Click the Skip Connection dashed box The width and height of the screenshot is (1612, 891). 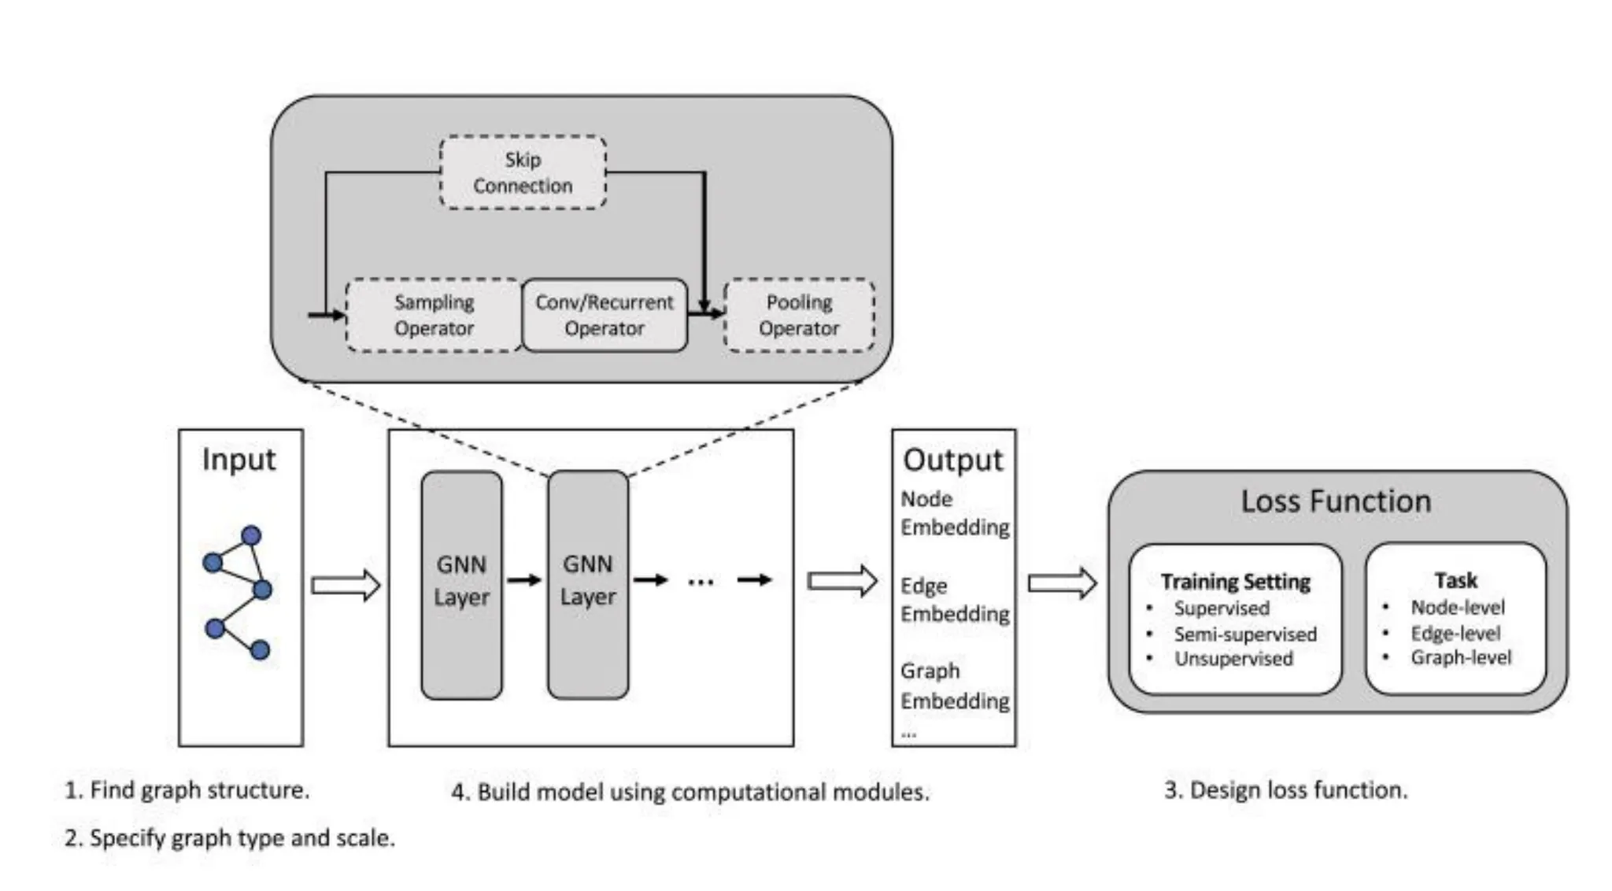pyautogui.click(x=523, y=172)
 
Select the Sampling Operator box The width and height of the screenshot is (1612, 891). pyautogui.click(x=434, y=315)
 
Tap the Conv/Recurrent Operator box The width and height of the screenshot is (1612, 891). pyautogui.click(x=604, y=315)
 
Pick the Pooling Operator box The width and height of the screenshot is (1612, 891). pyautogui.click(x=799, y=315)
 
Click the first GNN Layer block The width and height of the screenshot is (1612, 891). pyautogui.click(x=461, y=584)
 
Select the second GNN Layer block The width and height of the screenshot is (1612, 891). pyautogui.click(x=588, y=584)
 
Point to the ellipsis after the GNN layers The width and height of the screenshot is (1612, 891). pyautogui.click(x=701, y=582)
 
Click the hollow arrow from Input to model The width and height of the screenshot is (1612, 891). pyautogui.click(x=346, y=585)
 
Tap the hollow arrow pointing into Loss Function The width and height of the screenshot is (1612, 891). pyautogui.click(x=1062, y=583)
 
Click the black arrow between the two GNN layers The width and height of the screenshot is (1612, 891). pyautogui.click(x=524, y=581)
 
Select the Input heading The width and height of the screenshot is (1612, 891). pyautogui.click(x=238, y=459)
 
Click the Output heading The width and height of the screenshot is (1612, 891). pyautogui.click(x=952, y=460)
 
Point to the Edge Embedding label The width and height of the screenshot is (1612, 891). pyautogui.click(x=954, y=600)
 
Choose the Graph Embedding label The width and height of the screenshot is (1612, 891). pyautogui.click(x=954, y=686)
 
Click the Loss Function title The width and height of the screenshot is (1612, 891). pyautogui.click(x=1336, y=501)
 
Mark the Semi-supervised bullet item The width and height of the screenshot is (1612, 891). pyautogui.click(x=1244, y=634)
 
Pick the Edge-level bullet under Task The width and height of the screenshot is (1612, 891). pyautogui.click(x=1455, y=633)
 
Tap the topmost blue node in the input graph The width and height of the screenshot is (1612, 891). pyautogui.click(x=251, y=536)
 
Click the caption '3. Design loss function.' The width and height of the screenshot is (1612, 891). pyautogui.click(x=1285, y=789)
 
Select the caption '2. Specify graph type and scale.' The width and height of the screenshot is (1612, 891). pyautogui.click(x=230, y=837)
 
